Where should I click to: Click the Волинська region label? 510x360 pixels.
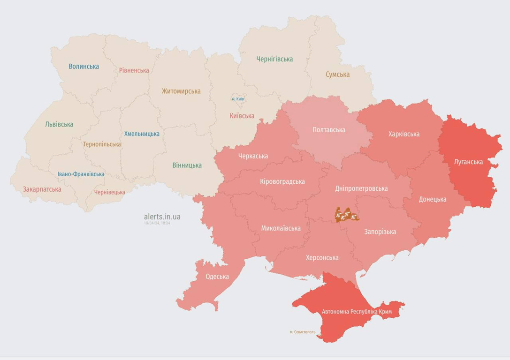pos(84,66)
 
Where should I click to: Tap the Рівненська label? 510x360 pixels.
pos(134,70)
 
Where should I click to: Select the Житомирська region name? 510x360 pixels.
pos(181,91)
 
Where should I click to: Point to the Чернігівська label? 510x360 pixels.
pos(274,59)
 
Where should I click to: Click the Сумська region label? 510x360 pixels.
pos(337,74)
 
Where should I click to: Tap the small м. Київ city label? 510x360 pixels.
pos(237,99)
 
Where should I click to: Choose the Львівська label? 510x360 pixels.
pos(59,124)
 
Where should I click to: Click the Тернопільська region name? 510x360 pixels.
pos(102,144)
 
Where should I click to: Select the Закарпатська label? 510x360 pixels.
pos(42,189)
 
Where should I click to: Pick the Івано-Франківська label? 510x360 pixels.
pos(81,174)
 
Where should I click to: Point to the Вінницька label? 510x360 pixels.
pos(187,165)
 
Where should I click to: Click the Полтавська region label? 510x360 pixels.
pos(328,129)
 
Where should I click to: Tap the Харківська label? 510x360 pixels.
pos(403,134)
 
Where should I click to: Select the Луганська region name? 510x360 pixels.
pos(468,162)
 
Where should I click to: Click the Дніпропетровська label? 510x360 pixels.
pos(361,188)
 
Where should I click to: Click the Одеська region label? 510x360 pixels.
pos(217,276)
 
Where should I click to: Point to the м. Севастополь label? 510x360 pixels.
pos(302,332)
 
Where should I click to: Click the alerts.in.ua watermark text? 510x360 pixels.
pos(162,217)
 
